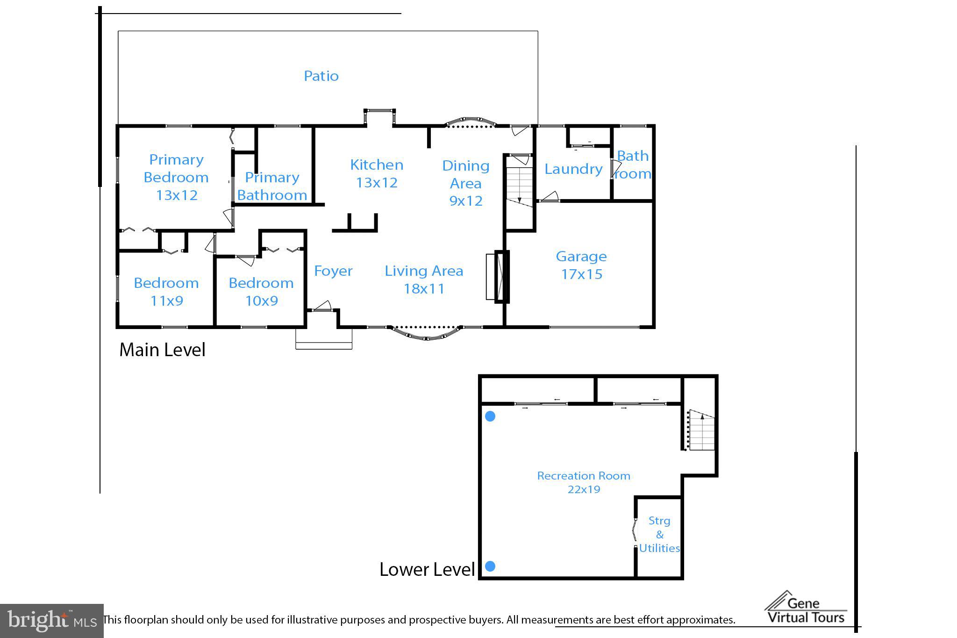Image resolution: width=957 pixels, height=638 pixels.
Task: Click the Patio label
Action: coord(321,76)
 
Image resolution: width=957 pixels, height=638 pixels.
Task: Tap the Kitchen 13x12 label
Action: coord(377,173)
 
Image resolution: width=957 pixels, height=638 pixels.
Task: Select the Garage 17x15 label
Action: coord(581,265)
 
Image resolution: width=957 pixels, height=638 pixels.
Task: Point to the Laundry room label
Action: coord(573,169)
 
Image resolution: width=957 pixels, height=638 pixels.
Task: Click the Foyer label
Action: coord(333,271)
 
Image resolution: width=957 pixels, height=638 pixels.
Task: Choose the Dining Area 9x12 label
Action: coord(465,183)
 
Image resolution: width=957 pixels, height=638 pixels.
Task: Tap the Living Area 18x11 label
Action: coord(424,280)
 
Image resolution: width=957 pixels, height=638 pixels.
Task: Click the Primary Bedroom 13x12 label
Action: coord(176,178)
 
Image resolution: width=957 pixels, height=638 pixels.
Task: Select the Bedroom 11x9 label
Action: coord(166,292)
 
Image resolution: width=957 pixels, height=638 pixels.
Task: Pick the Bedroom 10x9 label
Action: coord(261,292)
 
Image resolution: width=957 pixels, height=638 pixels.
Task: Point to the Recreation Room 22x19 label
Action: coord(584,482)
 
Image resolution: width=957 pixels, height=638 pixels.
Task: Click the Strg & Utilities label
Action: coord(659,534)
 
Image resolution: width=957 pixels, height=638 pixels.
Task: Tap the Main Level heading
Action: coord(162,350)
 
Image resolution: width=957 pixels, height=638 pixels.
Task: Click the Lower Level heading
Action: coord(427,569)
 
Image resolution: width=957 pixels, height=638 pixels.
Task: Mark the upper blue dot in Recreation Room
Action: coord(490,416)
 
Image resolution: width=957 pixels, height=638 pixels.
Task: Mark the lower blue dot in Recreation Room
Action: coord(490,566)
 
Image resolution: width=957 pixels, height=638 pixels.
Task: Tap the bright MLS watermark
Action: coord(51,621)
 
